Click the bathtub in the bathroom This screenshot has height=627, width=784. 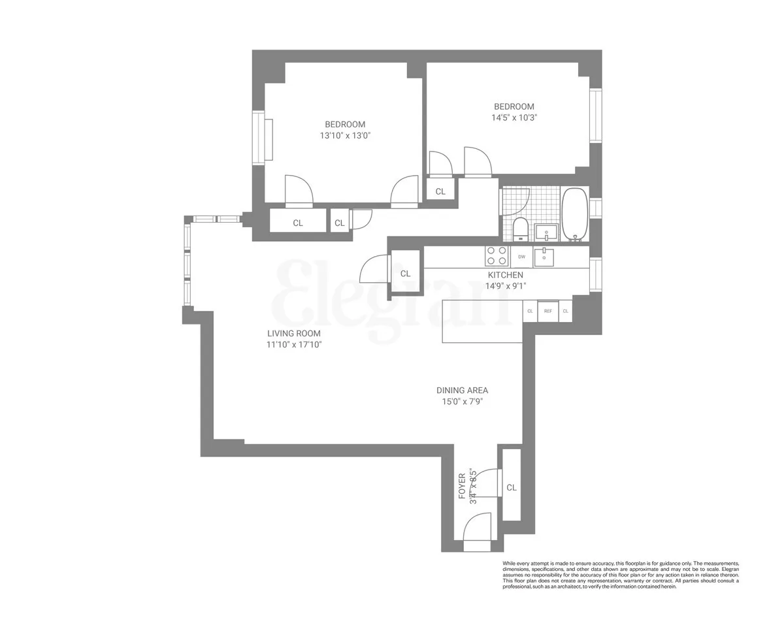(x=575, y=214)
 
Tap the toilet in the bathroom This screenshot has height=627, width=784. (x=521, y=229)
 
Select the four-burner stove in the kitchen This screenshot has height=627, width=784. (x=497, y=255)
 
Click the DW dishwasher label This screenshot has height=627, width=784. (x=521, y=257)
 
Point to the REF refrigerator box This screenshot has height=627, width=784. (x=548, y=311)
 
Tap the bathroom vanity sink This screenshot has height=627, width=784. (x=546, y=231)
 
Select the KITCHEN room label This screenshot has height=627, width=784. (x=505, y=275)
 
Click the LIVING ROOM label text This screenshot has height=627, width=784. (x=293, y=333)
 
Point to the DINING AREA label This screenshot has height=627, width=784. (x=463, y=391)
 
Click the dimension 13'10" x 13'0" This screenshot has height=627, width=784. (x=345, y=136)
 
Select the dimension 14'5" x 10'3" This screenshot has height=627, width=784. (x=514, y=118)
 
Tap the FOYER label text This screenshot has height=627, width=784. (x=462, y=486)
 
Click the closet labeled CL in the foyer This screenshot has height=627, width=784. (x=512, y=487)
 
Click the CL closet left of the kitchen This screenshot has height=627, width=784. (x=405, y=274)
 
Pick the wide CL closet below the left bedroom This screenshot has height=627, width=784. (x=298, y=223)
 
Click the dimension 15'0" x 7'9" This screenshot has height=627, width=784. (x=463, y=402)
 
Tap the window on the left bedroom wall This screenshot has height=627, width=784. (x=259, y=137)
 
